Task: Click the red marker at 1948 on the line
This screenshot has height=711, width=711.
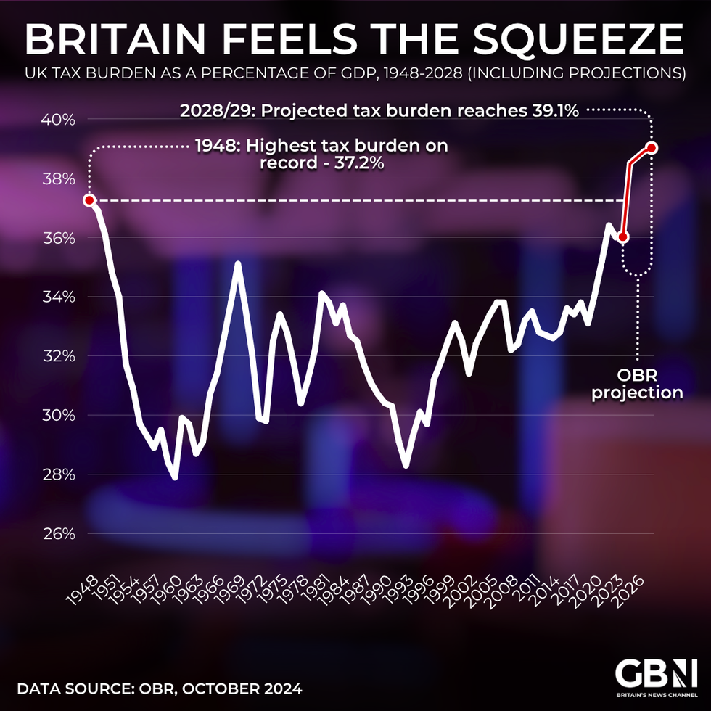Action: point(89,200)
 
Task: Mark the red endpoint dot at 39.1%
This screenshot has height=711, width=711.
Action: point(652,148)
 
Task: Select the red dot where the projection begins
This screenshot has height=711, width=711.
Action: point(622,237)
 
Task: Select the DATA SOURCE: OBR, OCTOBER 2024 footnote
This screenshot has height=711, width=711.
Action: point(159,686)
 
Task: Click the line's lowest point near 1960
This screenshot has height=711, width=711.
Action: point(175,477)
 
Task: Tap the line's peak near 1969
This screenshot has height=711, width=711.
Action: point(237,263)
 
